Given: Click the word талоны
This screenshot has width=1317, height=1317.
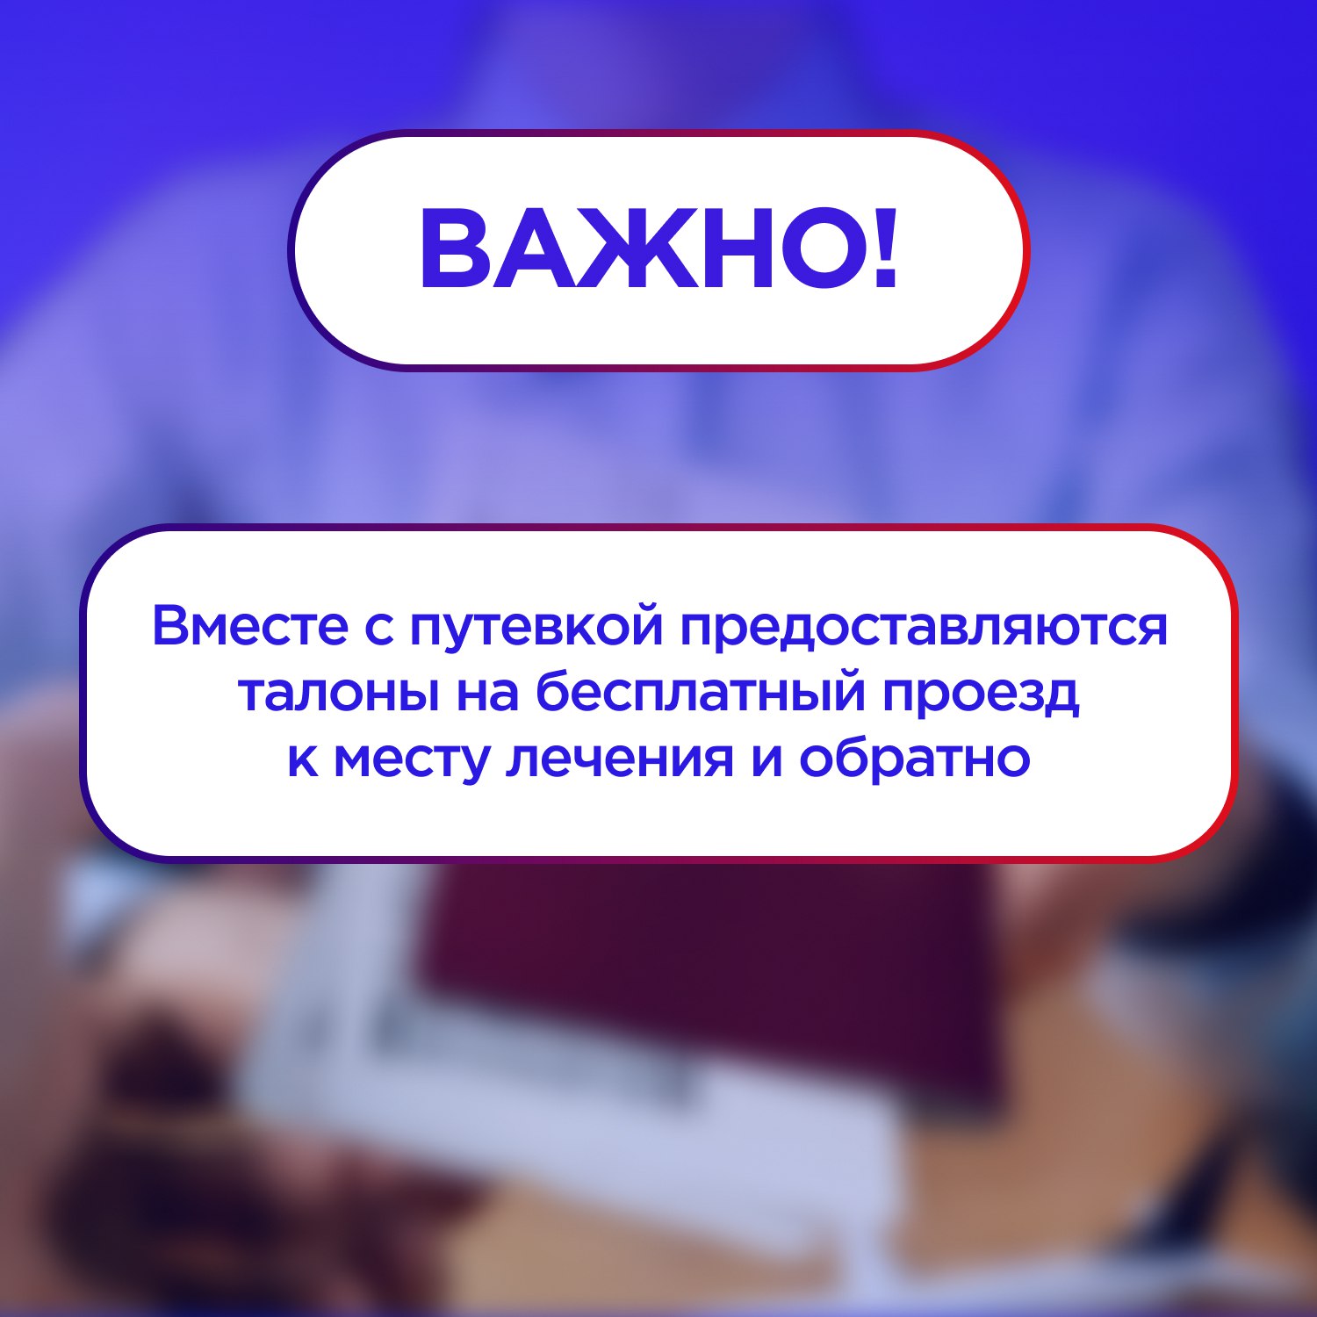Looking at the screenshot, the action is coord(337,693).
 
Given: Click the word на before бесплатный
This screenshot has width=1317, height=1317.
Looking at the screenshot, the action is coord(486,694).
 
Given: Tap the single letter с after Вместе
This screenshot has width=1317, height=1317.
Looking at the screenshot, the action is coord(379,629).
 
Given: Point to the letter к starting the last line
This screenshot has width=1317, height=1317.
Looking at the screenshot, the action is coord(302,760).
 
